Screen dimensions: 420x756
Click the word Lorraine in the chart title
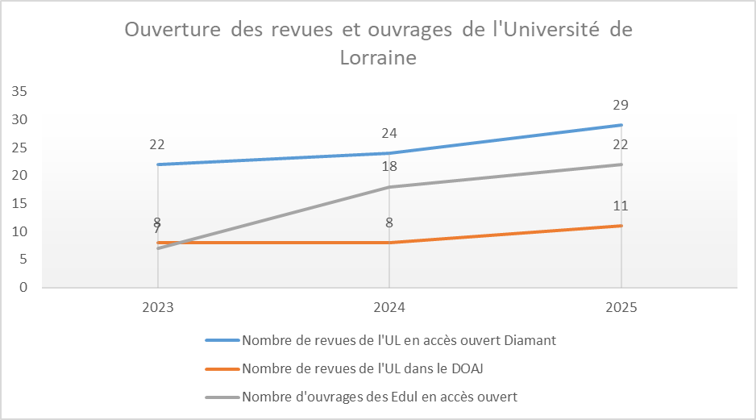(x=378, y=58)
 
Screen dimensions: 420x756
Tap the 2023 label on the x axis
(x=157, y=307)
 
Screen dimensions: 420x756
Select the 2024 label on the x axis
(x=389, y=307)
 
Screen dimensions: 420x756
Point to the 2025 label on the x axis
(x=621, y=307)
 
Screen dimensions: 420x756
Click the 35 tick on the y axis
(x=19, y=92)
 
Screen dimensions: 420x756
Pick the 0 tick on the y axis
(x=23, y=287)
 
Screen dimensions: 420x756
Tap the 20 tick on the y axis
(x=19, y=176)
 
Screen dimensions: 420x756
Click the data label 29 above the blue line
(x=621, y=105)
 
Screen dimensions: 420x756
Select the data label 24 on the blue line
(x=389, y=133)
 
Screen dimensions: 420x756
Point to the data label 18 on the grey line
(x=389, y=167)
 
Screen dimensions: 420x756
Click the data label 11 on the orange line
(x=621, y=206)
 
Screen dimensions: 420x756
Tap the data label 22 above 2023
(x=157, y=144)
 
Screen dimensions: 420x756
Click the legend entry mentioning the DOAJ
(x=362, y=368)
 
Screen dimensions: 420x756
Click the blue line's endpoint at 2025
(x=621, y=125)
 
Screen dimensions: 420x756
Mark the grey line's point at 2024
(x=389, y=187)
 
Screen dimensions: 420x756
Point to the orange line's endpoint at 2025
(x=621, y=226)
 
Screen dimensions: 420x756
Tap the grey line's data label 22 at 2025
(x=621, y=145)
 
